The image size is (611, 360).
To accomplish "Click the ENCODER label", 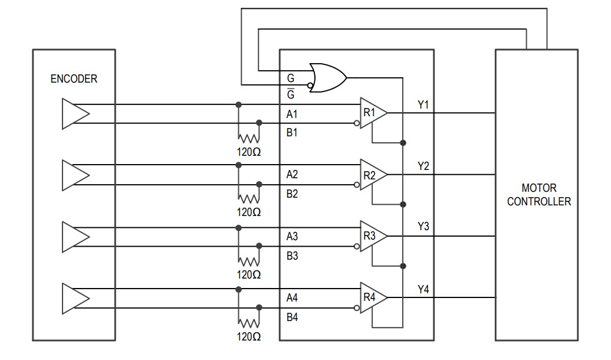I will (74, 79).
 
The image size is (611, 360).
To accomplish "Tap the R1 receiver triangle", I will (373, 113).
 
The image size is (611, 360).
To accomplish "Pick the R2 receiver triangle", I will (373, 175).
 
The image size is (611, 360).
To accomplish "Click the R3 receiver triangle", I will (373, 236).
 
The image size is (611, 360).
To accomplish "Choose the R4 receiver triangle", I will (373, 298).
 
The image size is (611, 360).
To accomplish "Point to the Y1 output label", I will (423, 105).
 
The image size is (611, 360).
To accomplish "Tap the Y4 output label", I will (423, 290).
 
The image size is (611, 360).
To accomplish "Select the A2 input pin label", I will (292, 175).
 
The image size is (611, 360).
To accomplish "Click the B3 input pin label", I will (292, 256).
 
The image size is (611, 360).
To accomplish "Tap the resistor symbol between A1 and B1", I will (248, 138).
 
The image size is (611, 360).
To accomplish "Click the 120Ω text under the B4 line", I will (248, 336).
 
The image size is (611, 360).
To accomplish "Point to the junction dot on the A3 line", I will (238, 228).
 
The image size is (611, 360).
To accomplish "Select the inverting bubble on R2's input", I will (357, 185).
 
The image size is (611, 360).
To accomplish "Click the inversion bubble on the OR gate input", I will (310, 85).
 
